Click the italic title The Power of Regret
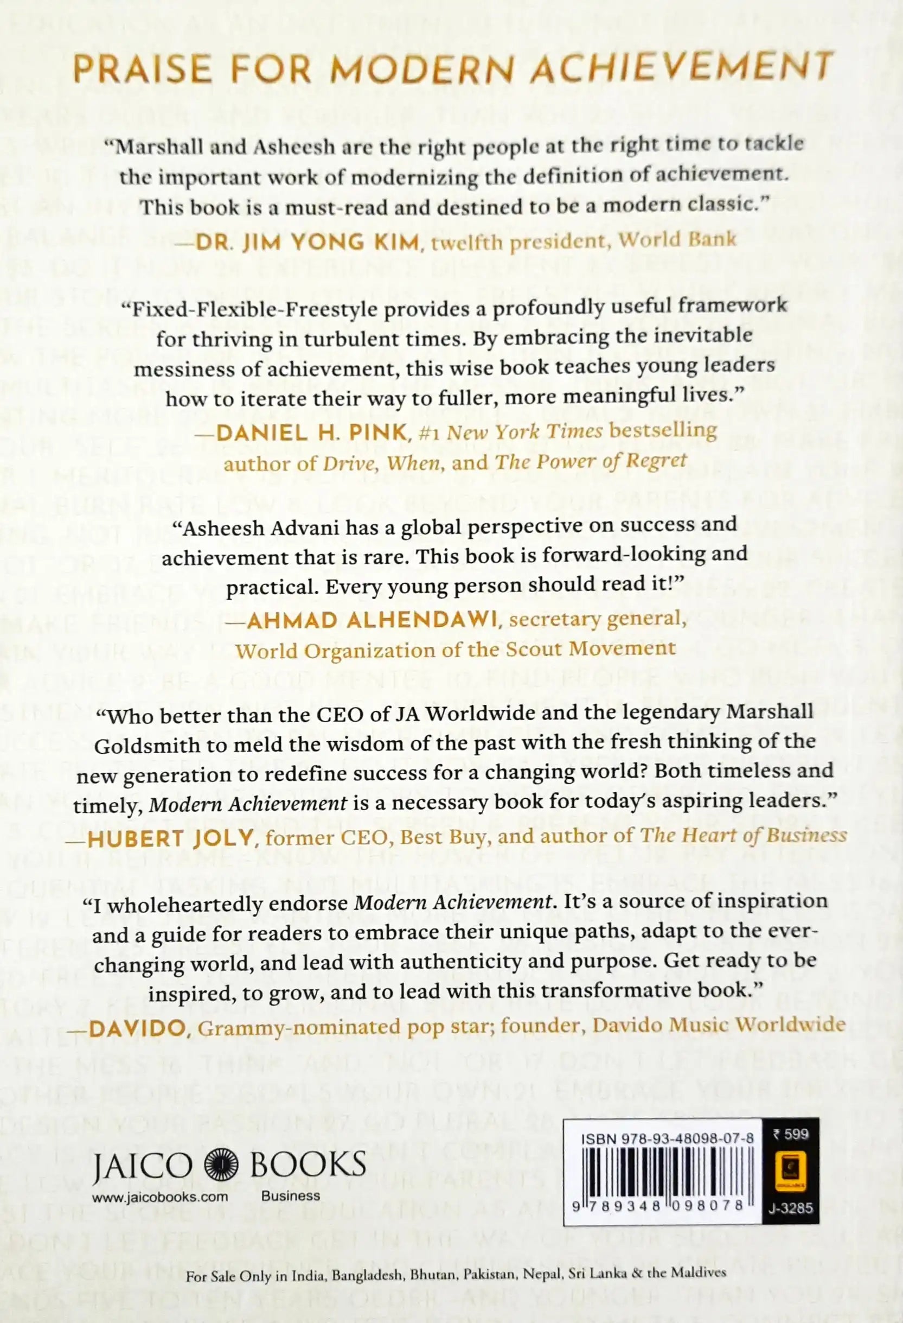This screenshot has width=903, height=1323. pyautogui.click(x=591, y=461)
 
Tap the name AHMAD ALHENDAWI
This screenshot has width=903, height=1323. pyautogui.click(x=373, y=620)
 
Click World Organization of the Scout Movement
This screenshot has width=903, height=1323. pyautogui.click(x=455, y=649)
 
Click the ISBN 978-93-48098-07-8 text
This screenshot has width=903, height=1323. pyautogui.click(x=668, y=1122)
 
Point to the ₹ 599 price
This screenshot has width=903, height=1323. pyautogui.click(x=790, y=1118)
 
